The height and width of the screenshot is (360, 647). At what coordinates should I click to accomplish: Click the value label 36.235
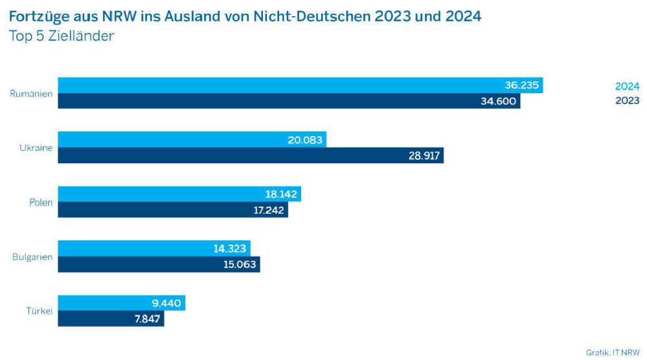coord(521,85)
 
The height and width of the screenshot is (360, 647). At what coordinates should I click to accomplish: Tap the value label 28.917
coord(424,155)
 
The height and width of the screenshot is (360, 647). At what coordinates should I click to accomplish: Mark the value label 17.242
coord(268,210)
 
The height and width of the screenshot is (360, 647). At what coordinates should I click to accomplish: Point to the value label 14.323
coord(231,249)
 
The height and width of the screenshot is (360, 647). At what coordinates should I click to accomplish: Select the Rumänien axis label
coord(31,94)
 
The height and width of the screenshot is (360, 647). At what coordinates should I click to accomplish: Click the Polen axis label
coord(41,203)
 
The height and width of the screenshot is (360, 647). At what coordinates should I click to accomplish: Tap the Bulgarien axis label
coord(32,257)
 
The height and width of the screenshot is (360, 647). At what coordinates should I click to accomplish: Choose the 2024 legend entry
coord(627,86)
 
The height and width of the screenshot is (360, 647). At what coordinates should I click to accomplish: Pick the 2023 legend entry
coord(627,100)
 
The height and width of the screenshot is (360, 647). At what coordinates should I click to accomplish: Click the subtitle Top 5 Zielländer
coord(62,36)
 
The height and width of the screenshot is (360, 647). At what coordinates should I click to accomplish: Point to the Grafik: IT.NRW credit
coord(613,352)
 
